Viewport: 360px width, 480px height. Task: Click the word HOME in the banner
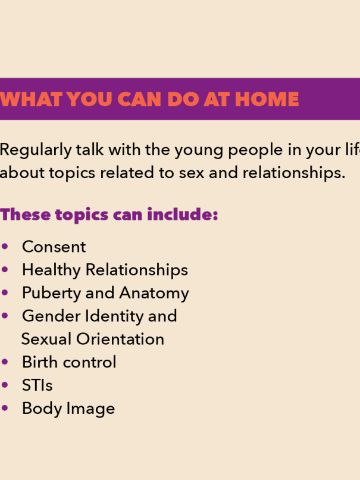click(267, 99)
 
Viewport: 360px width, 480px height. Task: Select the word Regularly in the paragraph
click(36, 150)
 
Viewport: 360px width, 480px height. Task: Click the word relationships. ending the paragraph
click(294, 173)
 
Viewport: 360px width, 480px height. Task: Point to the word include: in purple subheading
click(183, 214)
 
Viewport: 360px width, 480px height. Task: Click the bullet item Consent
click(54, 247)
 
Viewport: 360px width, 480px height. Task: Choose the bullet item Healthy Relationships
click(105, 270)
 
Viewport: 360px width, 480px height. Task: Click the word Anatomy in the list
click(154, 293)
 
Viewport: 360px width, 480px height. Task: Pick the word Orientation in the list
click(120, 339)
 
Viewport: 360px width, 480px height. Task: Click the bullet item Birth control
click(69, 362)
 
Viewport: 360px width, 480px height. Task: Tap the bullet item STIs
click(37, 385)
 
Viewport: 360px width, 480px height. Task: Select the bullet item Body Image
click(68, 409)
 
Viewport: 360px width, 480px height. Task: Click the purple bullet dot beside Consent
click(5, 247)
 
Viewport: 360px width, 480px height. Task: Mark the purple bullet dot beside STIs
click(5, 385)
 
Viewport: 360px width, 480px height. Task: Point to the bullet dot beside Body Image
click(5, 408)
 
